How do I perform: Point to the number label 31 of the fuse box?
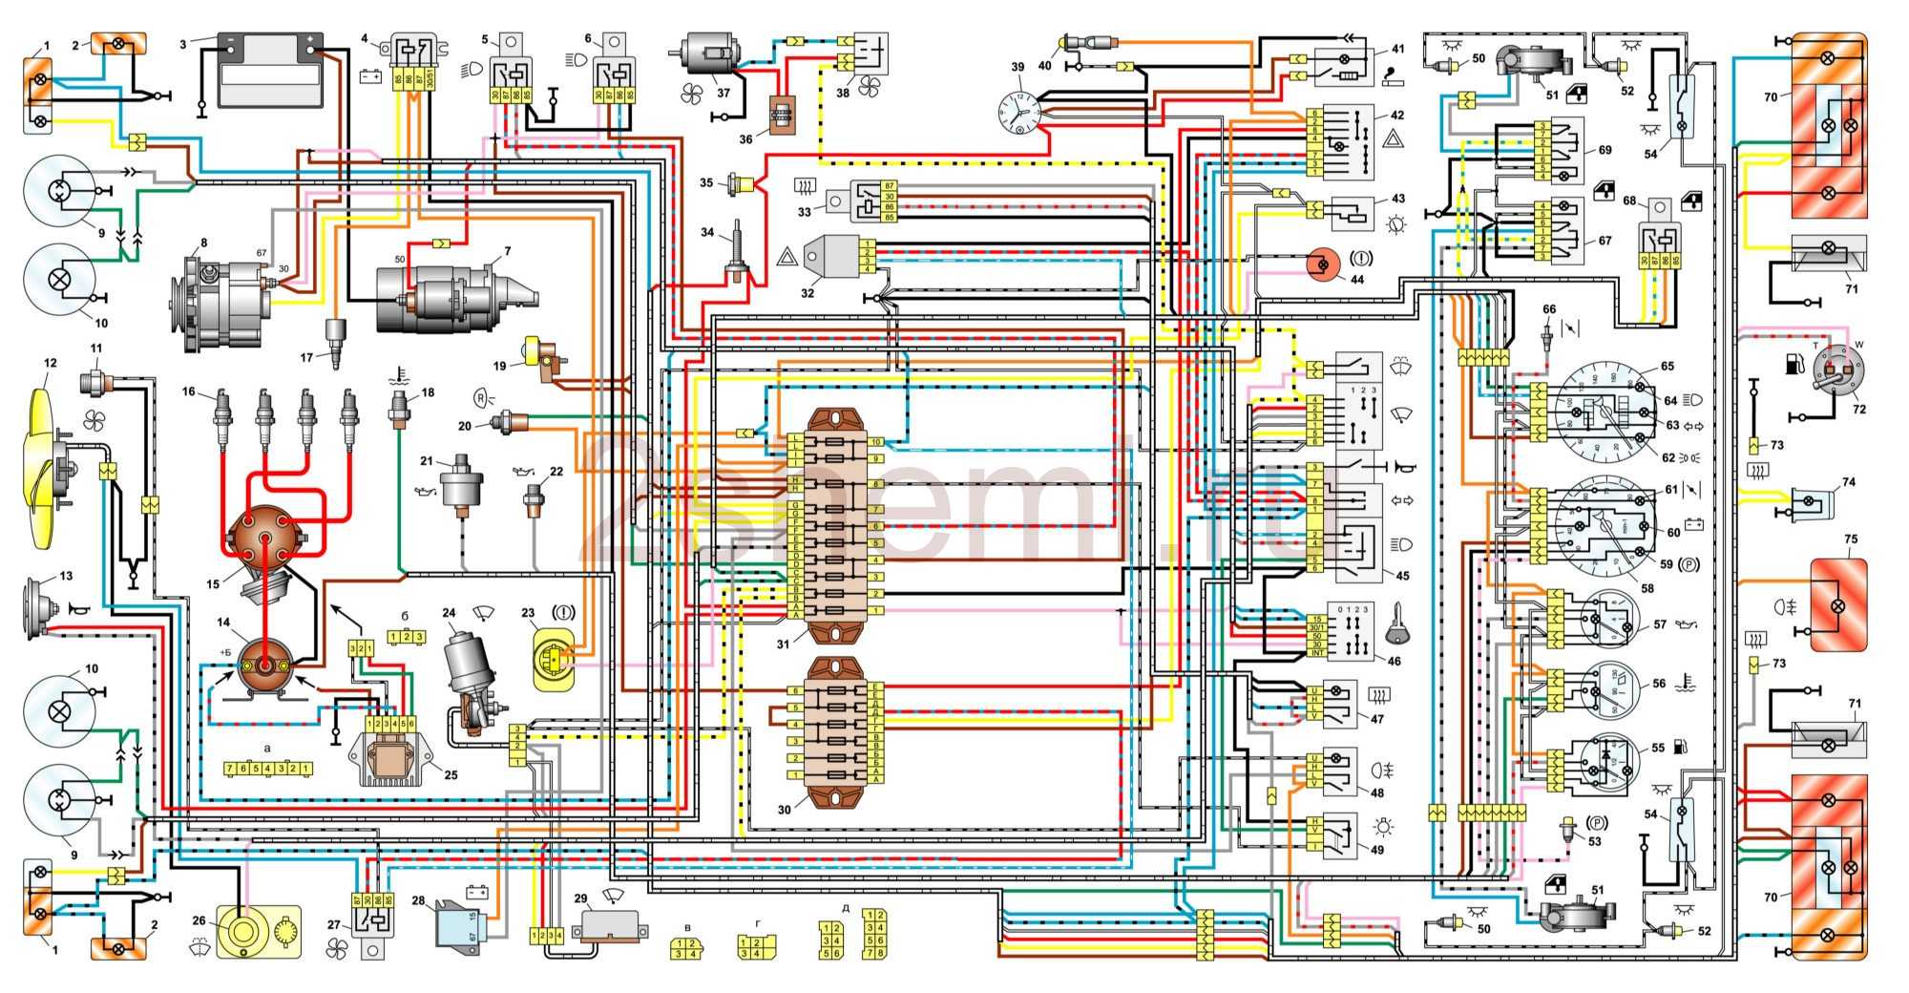783,644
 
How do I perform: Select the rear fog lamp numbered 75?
1837,604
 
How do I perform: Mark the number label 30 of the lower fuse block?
784,810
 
